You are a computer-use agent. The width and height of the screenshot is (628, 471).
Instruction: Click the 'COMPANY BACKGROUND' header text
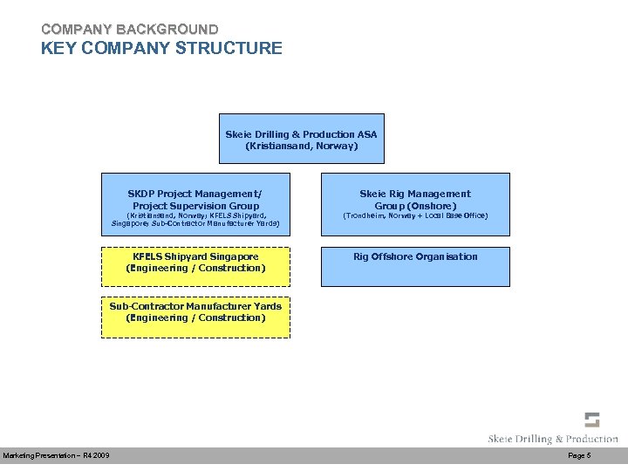click(x=129, y=30)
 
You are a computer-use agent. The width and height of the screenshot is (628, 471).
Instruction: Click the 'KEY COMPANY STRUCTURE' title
click(x=161, y=48)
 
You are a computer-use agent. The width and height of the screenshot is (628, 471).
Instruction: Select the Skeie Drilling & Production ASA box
click(x=301, y=139)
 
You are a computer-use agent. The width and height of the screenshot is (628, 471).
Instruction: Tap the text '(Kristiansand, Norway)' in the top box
click(x=301, y=147)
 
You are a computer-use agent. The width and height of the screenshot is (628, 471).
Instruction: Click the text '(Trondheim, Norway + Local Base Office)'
click(x=415, y=215)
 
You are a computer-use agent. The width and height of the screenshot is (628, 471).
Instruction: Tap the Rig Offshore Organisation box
click(x=415, y=267)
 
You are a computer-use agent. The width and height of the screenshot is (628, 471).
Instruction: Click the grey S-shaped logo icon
click(x=591, y=420)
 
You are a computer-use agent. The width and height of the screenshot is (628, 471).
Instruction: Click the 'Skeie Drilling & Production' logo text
click(x=553, y=439)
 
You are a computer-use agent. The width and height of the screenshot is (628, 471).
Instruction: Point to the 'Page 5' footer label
click(x=579, y=456)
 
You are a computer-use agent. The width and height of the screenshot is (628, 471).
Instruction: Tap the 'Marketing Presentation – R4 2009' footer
click(x=56, y=456)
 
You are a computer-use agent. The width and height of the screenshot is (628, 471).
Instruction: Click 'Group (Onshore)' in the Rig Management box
click(x=415, y=206)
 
